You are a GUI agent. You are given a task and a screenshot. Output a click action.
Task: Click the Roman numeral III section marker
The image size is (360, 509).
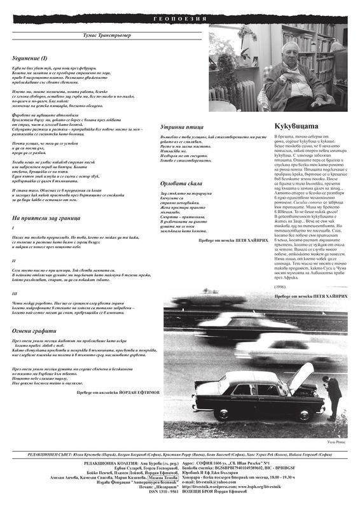pyautogui.click(x=15, y=293)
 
